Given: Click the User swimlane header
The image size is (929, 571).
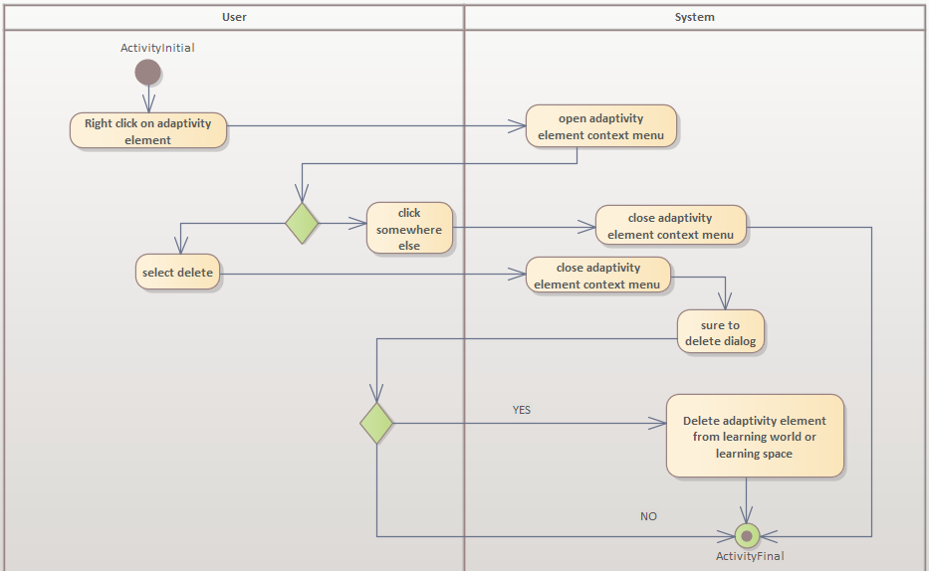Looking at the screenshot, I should click(234, 17).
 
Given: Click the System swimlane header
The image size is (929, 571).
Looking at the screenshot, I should click(694, 17).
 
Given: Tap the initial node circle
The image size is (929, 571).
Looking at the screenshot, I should click(148, 72).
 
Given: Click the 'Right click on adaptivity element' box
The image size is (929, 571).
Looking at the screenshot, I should click(148, 131).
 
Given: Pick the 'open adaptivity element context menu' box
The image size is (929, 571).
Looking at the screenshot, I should click(601, 126).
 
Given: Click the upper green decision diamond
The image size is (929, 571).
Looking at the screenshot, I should click(302, 223).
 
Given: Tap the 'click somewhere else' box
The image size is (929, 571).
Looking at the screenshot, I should click(409, 228).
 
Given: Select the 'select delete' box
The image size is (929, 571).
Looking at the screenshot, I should click(177, 272).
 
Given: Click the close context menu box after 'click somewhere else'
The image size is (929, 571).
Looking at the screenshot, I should click(670, 226).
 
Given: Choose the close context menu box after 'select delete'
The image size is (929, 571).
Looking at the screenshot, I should click(597, 276).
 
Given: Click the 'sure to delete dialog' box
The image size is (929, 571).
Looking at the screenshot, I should click(721, 332).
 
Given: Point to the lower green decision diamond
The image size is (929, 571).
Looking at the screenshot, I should click(376, 423).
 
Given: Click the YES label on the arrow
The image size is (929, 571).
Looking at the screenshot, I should click(522, 410).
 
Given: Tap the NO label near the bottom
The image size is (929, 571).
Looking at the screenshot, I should click(648, 516).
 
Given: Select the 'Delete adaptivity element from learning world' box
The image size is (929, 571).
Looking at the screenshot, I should click(755, 436).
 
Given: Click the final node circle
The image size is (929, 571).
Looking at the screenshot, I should click(747, 535).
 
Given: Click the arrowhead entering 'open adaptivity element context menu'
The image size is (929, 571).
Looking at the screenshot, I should click(518, 126).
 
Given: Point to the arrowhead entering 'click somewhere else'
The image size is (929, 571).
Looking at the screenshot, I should click(359, 224).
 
